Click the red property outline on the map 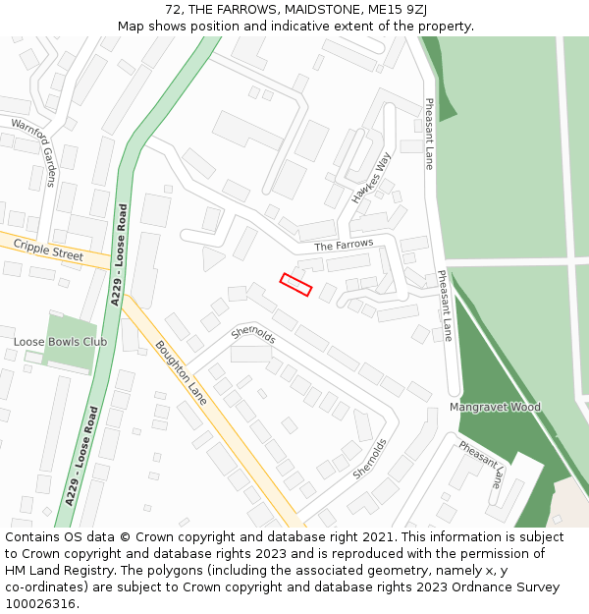(x=295, y=284)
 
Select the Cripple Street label (x=48, y=252)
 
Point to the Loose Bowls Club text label (x=60, y=342)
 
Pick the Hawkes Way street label (x=372, y=178)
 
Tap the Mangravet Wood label (x=495, y=407)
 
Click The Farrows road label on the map (x=344, y=244)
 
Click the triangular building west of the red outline (x=211, y=258)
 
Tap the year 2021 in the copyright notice (x=372, y=537)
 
